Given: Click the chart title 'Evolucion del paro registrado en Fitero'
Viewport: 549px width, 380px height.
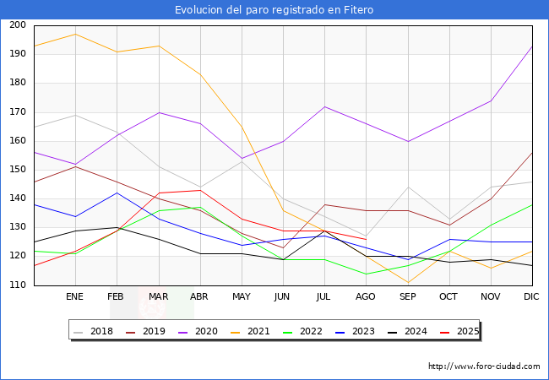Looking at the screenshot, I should (274, 10).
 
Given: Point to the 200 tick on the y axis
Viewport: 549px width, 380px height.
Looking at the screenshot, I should (17, 25).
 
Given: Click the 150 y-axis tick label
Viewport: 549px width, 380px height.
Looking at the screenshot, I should (17, 170).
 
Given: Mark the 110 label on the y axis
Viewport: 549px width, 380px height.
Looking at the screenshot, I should (17, 285).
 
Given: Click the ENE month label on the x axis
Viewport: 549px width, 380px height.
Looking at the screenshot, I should (75, 297).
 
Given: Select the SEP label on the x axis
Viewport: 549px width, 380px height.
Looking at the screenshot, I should (407, 297).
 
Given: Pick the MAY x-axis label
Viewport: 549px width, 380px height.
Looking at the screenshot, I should (242, 297).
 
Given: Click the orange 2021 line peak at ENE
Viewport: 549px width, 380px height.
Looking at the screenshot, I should (75, 34).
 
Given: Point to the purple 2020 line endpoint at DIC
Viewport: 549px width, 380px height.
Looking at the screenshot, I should (532, 46).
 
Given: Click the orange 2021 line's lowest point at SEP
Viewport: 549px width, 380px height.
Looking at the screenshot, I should (407, 283).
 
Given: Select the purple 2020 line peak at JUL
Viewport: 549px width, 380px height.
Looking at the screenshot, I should (324, 106).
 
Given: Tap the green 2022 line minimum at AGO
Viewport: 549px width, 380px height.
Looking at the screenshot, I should (366, 274).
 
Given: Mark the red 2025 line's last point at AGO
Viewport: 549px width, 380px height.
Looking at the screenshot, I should (366, 239).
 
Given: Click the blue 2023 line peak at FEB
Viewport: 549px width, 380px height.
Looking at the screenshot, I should (117, 193).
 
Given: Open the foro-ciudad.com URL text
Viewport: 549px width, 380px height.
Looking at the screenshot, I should (484, 366).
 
